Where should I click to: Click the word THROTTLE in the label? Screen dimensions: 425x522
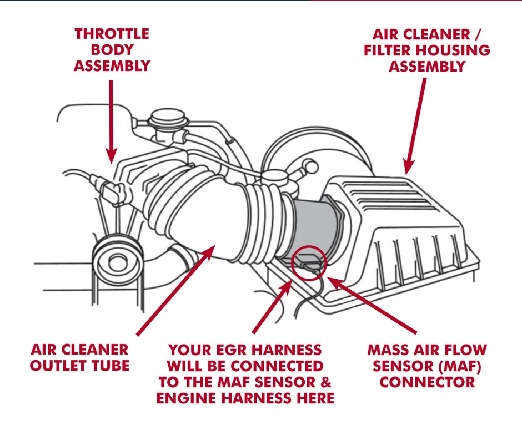112,33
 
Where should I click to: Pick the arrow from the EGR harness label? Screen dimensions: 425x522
272,305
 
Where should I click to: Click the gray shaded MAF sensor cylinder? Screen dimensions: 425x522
314,225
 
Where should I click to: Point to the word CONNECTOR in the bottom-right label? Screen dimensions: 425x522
427,382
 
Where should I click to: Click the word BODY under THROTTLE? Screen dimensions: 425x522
112,49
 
